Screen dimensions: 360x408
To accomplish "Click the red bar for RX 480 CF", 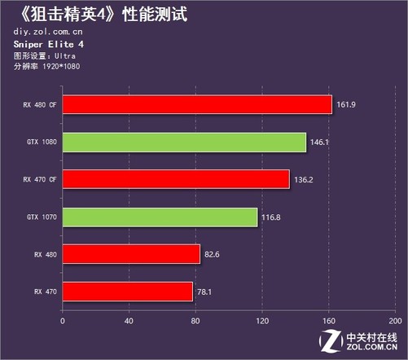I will point(196,105).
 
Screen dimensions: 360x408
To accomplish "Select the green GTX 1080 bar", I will point(183,143).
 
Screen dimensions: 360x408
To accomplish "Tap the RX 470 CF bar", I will point(175,179).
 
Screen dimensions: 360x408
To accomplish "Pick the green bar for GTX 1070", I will point(160,217).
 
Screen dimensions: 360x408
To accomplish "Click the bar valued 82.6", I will point(130,254).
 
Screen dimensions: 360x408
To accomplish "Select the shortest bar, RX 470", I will point(127,291).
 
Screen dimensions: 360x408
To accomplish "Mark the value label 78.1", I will point(205,291).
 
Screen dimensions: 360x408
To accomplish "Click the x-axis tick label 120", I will point(262,320).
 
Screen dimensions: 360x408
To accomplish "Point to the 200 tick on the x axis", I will point(397,320).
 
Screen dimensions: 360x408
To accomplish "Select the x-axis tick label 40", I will point(129,320).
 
